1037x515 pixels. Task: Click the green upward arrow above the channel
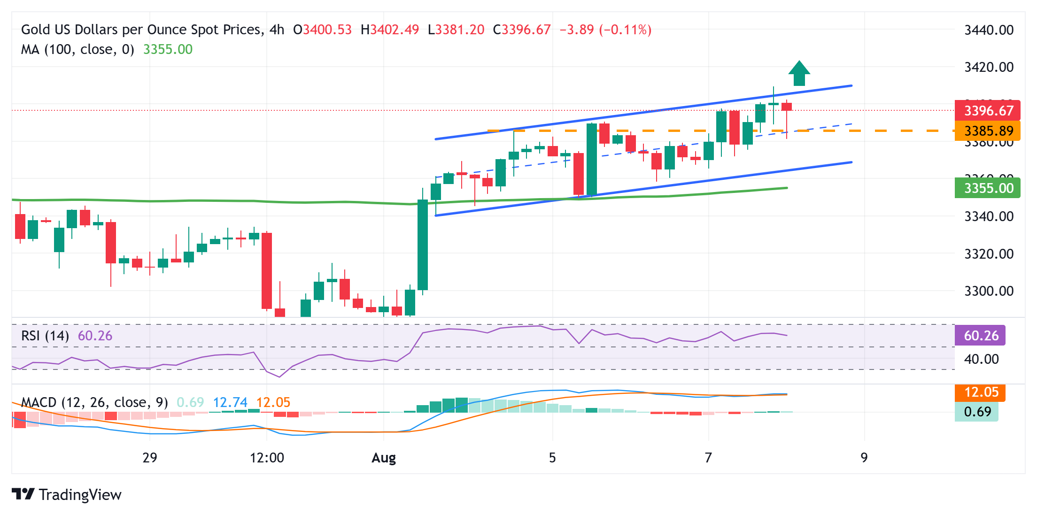799,74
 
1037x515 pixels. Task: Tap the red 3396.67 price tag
988,111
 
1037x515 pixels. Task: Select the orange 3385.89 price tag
988,131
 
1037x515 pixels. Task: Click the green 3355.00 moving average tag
988,188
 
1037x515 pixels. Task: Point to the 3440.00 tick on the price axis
989,30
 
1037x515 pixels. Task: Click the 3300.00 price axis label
989,291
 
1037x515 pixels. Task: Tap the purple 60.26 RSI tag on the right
980,336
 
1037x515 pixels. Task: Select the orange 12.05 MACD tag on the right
981,392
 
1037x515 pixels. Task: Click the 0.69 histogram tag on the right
977,412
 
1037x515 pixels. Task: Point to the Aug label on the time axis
384,458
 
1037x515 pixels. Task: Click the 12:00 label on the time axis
267,458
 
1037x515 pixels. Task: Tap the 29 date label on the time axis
150,458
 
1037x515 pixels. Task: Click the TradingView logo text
80,495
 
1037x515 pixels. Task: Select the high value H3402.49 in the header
389,30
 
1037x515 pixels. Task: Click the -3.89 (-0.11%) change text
605,30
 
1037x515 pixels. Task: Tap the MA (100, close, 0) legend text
77,49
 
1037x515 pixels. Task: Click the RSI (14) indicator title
45,336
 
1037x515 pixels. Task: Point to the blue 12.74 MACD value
230,402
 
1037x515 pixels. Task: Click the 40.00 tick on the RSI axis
981,359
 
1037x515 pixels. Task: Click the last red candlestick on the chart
787,107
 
